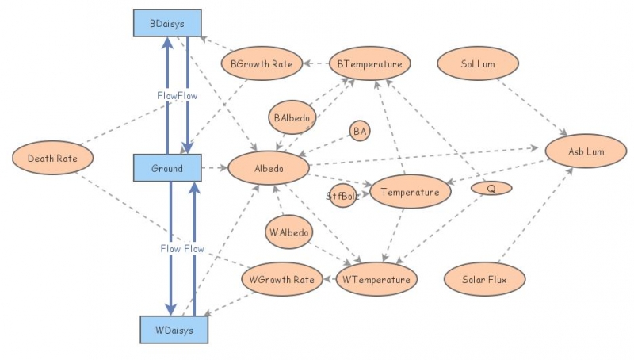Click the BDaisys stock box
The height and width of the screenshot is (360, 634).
pos(167,24)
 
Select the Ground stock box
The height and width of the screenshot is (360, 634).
pos(167,168)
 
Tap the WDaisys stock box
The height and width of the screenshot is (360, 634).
pos(174,329)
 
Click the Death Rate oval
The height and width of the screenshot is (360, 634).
pos(53,158)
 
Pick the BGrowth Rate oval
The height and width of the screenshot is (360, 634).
pos(262,64)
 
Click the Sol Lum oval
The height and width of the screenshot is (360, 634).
pos(478,63)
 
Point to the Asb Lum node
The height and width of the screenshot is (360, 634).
pos(586,151)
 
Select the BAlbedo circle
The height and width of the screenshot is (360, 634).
pos(293,117)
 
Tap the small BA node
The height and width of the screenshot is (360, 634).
pos(361,130)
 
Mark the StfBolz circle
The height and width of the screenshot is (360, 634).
pos(343,194)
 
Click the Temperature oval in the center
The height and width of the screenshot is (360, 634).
pos(410,192)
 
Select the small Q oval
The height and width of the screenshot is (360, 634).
pos(491,189)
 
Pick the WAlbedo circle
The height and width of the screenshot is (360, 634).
pos(289,232)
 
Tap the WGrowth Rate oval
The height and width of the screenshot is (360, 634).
pos(281,279)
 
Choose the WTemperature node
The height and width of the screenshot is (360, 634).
pos(376,279)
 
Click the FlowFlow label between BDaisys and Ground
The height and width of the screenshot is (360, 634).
pos(177,95)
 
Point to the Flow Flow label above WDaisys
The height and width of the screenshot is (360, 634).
pos(182,248)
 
